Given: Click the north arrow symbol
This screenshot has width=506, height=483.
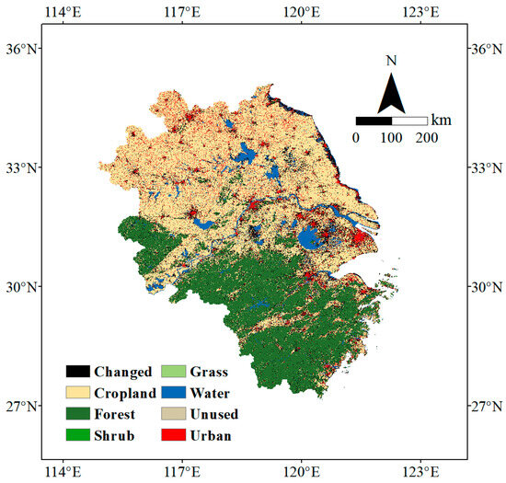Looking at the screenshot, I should pos(392,91).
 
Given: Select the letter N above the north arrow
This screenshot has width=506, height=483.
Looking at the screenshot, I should pos(392,61).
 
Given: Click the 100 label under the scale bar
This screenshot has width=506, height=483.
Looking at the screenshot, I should pos(392,137).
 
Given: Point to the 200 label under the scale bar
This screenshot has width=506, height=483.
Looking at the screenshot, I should pos(427,137).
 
